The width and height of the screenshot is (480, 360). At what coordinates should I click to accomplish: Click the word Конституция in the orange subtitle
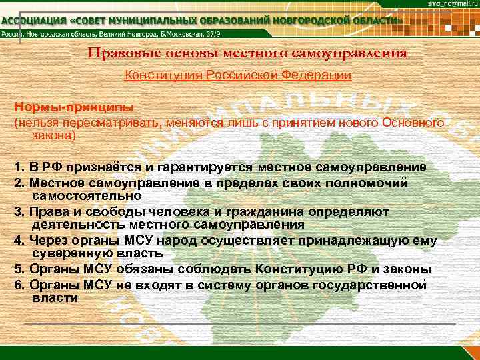pyautogui.click(x=159, y=75)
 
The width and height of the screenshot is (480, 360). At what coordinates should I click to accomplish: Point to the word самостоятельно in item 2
pyautogui.click(x=87, y=195)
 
